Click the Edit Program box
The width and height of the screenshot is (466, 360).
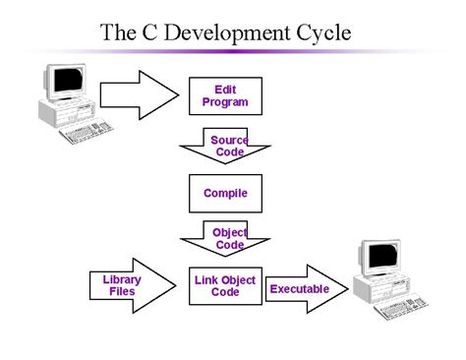pos(224,95)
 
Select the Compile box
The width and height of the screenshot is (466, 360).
pos(224,193)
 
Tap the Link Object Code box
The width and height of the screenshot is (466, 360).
pos(224,286)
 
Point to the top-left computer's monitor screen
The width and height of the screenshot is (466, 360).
pos(65,84)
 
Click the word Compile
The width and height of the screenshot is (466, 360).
pos(225,194)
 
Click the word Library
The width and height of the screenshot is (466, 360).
pos(122,279)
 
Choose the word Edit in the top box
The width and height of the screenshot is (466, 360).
pos(225,90)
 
